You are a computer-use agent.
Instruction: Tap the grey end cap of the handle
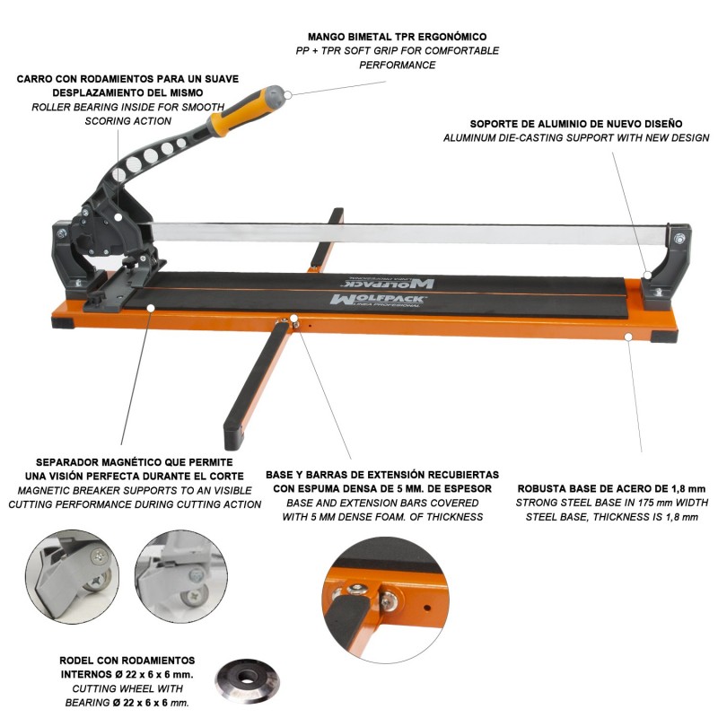(274, 96)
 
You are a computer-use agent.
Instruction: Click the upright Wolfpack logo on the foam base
(377, 301)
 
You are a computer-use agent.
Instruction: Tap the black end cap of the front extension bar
(233, 437)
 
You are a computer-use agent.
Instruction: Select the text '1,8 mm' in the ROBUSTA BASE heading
(687, 488)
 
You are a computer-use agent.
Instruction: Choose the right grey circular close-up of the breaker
(181, 576)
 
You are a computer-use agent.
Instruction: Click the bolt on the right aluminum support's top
(679, 238)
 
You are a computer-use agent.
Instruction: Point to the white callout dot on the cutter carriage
(118, 217)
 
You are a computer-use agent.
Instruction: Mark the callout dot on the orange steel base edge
(629, 337)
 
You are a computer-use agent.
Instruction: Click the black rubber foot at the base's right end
(664, 337)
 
